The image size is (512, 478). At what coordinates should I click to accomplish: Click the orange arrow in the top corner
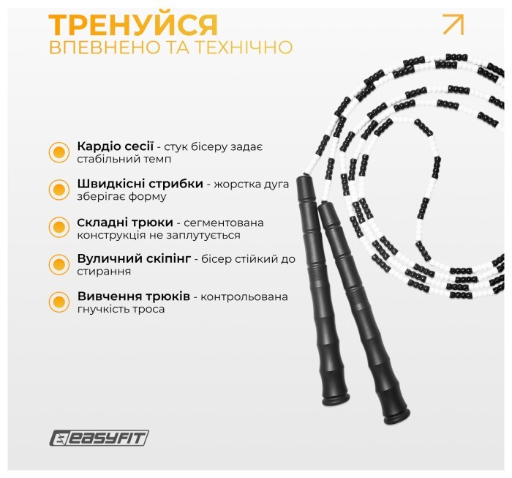453,24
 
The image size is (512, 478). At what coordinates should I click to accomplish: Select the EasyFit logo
99,438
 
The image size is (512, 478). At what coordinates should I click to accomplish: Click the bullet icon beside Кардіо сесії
58,152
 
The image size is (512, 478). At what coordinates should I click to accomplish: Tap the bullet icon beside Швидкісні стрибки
58,190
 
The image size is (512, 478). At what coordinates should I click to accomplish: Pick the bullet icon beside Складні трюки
58,227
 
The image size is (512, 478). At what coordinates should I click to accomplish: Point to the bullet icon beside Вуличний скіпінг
58,264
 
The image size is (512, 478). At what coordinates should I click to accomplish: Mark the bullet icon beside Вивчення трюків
58,302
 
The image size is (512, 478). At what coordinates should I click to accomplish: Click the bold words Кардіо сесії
113,146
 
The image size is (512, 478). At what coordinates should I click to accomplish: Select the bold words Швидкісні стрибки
140,184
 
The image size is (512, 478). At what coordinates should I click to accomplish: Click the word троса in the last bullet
148,309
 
